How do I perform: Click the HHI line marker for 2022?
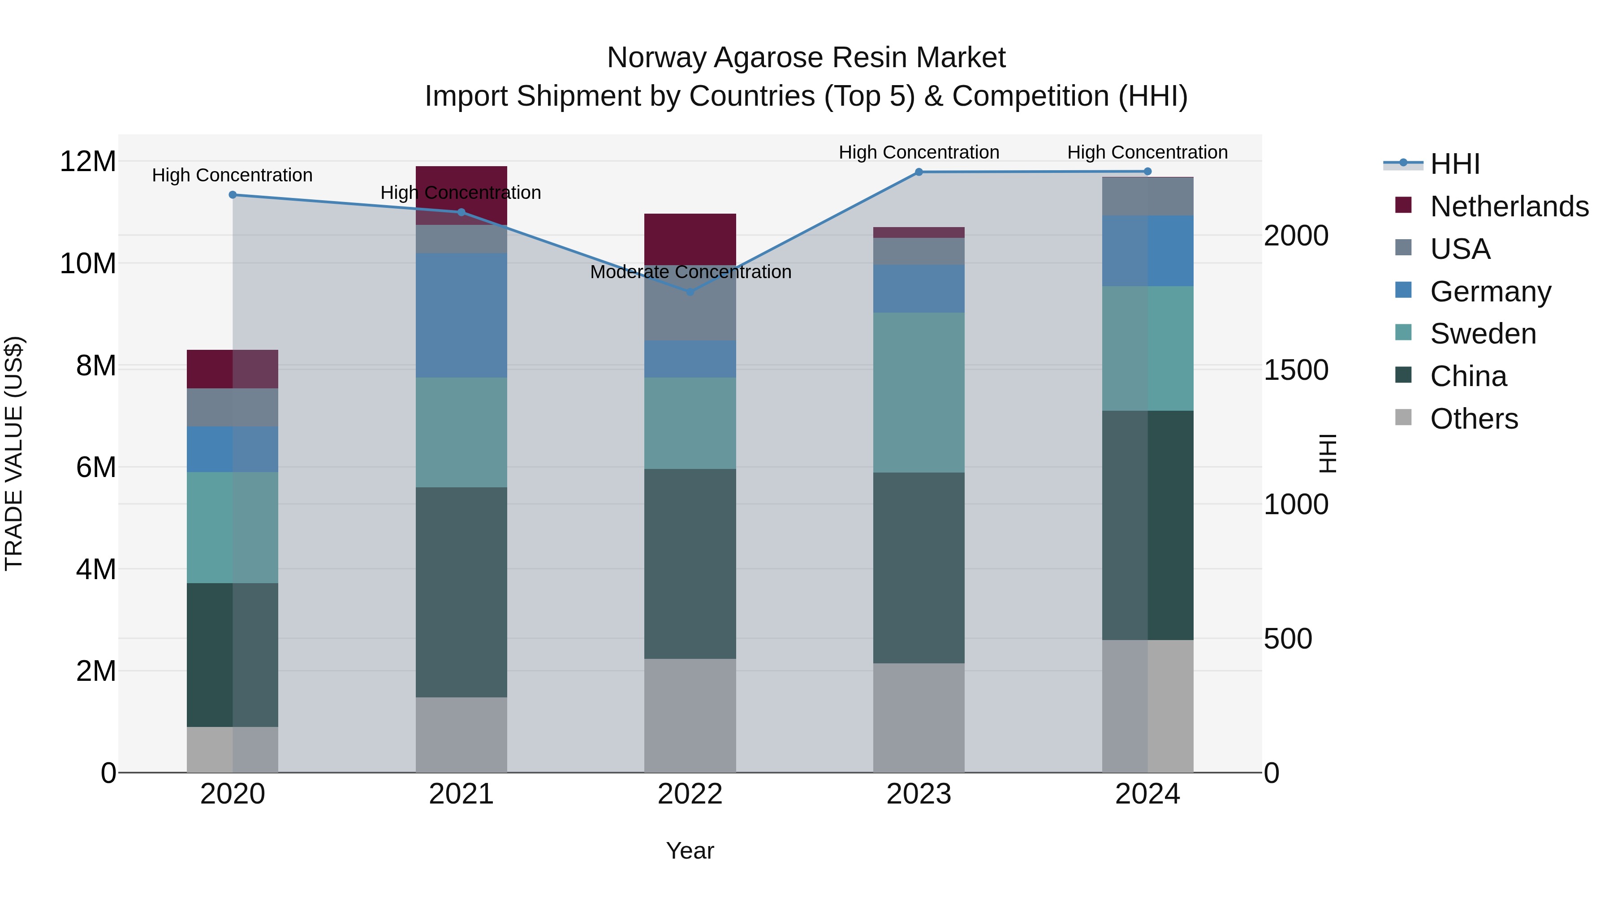[x=690, y=292]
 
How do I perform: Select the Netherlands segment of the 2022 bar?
[x=690, y=239]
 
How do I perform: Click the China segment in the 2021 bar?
[x=461, y=592]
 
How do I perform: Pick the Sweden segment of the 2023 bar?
[x=919, y=392]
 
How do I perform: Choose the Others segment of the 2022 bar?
[x=690, y=715]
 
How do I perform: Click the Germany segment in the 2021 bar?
[x=461, y=315]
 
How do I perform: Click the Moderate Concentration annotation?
[x=690, y=272]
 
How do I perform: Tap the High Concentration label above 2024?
[x=1147, y=152]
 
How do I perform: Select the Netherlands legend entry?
[x=1509, y=206]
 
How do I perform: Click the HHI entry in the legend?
[x=1454, y=164]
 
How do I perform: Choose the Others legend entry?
[x=1473, y=419]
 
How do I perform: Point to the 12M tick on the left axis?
[x=88, y=162]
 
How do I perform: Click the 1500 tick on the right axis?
[x=1295, y=370]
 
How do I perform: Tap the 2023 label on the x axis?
[x=919, y=794]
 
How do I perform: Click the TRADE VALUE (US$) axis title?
[x=14, y=453]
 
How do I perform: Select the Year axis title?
[x=690, y=851]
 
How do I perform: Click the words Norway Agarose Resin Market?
[x=806, y=58]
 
